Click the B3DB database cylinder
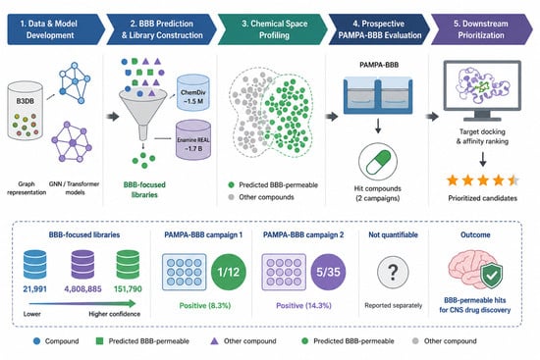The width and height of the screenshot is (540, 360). tap(26, 111)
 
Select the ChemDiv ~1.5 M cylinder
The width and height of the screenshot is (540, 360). tap(192, 93)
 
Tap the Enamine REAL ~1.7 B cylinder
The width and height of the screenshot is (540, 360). tap(193, 139)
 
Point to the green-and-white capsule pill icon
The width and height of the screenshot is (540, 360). tap(378, 162)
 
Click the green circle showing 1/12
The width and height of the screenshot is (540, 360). tap(229, 272)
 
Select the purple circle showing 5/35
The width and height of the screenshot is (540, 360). tap(328, 272)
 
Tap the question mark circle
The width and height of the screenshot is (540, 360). tap(393, 272)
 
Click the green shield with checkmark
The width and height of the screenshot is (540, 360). tap(492, 275)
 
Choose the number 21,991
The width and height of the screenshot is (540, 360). tap(34, 288)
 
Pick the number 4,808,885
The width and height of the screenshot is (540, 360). tap(82, 288)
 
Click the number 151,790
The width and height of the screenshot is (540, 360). tap(128, 288)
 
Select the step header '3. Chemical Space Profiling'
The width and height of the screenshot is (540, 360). tap(273, 29)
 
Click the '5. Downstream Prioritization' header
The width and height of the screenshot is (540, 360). tap(481, 29)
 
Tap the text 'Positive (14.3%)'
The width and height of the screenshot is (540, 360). tap(303, 306)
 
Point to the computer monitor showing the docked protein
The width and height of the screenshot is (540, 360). tap(482, 90)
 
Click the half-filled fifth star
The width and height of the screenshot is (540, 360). tap(513, 180)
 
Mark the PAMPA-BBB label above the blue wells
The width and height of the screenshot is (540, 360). tap(379, 65)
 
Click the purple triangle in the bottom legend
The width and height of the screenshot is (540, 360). tap(214, 340)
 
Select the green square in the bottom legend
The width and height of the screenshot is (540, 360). tap(99, 341)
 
